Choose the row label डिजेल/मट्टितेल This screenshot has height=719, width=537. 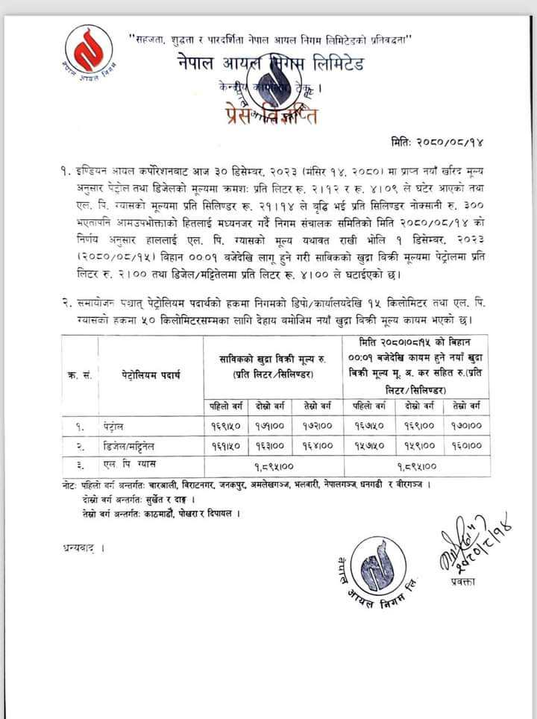(132, 445)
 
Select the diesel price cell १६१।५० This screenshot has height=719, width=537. (225, 445)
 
